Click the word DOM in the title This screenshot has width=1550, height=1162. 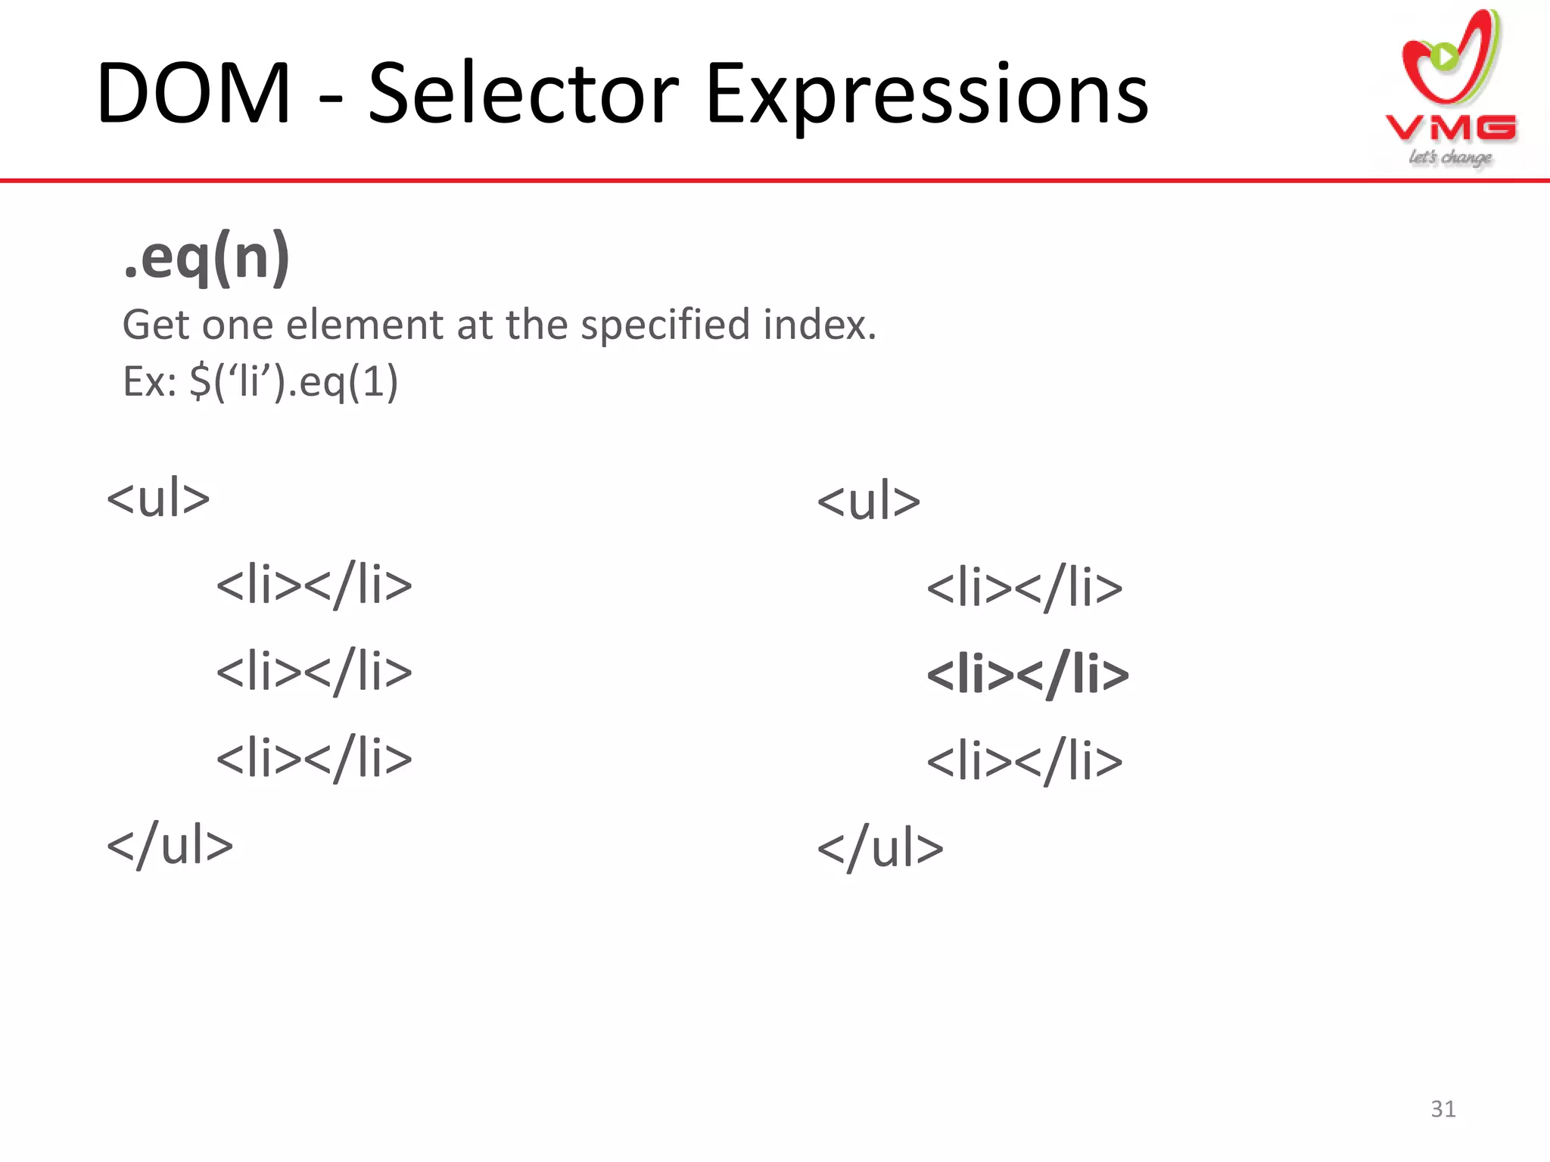(194, 95)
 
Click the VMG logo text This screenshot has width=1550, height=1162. (1451, 129)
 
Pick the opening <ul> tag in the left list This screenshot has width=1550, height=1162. (158, 499)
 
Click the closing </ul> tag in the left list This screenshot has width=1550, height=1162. (170, 845)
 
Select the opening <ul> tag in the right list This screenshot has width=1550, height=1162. (869, 502)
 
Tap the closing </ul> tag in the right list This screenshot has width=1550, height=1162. (880, 848)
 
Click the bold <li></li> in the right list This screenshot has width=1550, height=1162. (1027, 674)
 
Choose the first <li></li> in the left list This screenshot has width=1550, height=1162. (314, 586)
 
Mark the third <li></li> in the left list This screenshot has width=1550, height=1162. (314, 759)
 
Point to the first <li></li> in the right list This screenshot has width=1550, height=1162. (1025, 588)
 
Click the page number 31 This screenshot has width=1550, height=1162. (1443, 1109)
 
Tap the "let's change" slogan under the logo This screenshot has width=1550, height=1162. (1450, 157)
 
